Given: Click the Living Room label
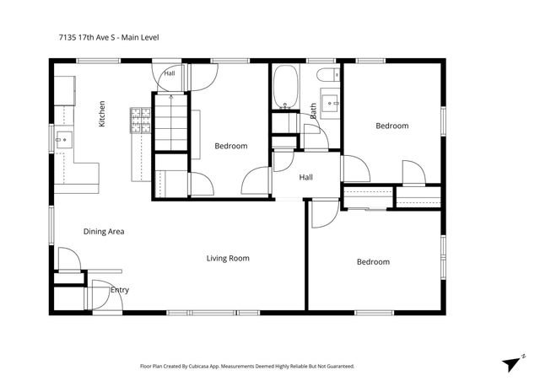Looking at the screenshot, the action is click(x=228, y=258).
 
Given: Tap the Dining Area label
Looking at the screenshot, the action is click(x=104, y=231).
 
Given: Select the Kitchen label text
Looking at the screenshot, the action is click(x=102, y=114).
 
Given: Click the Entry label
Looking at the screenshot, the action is click(x=120, y=290).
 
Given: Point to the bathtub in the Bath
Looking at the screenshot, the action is click(x=285, y=87).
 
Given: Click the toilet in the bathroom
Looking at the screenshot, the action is click(x=328, y=75).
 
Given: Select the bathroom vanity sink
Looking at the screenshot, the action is click(x=330, y=103).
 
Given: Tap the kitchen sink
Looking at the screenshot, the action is click(x=64, y=140).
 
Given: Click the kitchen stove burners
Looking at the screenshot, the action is click(x=141, y=121).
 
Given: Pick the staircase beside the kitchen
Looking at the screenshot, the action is click(x=170, y=122).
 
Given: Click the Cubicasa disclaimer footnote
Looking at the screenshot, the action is click(x=247, y=366).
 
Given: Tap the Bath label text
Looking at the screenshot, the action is click(x=313, y=110).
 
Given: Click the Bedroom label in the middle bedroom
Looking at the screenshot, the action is click(x=230, y=146).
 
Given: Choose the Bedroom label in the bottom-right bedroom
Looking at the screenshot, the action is click(x=373, y=262).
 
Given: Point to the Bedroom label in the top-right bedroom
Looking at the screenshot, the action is click(x=391, y=126).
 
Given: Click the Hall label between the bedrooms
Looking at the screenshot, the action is click(x=305, y=177).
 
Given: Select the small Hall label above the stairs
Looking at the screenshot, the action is click(x=170, y=73).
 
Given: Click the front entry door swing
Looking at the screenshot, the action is click(x=107, y=295).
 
